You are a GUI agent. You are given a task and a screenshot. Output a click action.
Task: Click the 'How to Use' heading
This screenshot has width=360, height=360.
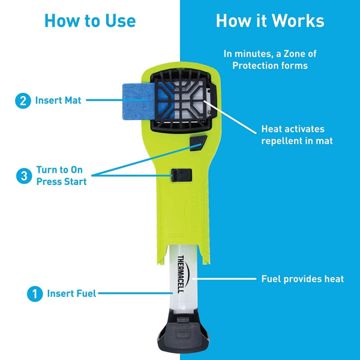90,21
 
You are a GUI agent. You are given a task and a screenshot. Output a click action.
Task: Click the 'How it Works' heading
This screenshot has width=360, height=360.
270,21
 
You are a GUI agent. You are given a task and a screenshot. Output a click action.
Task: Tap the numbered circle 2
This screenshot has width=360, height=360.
23,101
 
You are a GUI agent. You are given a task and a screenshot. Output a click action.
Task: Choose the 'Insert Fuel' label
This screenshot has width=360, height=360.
71,293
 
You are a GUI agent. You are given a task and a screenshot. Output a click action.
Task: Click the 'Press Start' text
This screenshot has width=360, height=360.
61,181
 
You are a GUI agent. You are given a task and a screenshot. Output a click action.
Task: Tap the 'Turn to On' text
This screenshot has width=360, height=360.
60,170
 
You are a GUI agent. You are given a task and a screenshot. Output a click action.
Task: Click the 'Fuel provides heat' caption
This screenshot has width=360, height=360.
302,279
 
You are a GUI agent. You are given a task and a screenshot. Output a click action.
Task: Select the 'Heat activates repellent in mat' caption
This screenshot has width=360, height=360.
297,135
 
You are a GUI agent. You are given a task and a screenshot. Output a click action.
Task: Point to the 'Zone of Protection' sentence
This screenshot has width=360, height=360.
270,59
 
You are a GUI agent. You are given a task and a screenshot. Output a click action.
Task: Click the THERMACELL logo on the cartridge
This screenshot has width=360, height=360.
181,270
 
